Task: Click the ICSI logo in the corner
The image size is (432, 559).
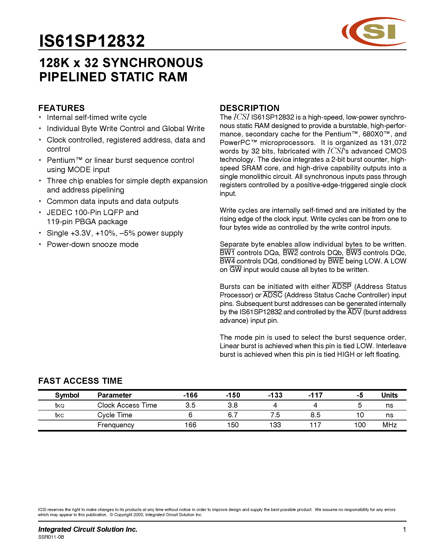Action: pyautogui.click(x=374, y=32)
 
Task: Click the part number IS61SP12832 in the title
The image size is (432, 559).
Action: pyautogui.click(x=92, y=41)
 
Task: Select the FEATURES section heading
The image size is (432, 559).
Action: pyautogui.click(x=61, y=108)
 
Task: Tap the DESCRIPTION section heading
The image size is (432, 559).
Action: pyautogui.click(x=249, y=108)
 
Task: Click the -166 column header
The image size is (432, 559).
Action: pyautogui.click(x=190, y=395)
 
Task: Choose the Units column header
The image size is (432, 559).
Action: pyautogui.click(x=389, y=395)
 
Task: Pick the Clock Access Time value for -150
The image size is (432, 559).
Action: pyautogui.click(x=233, y=405)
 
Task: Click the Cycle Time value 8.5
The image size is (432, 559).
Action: pyautogui.click(x=315, y=415)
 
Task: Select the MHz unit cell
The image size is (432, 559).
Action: pyautogui.click(x=389, y=425)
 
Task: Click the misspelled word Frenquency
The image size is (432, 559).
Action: pyautogui.click(x=116, y=425)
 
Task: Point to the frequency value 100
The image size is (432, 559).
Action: pyautogui.click(x=360, y=425)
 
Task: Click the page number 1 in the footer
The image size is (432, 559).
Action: pyautogui.click(x=404, y=529)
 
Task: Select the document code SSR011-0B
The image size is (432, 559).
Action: pyautogui.click(x=51, y=537)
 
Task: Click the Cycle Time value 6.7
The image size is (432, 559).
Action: pyautogui.click(x=233, y=415)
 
